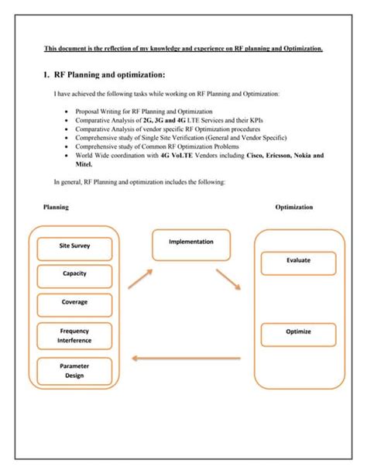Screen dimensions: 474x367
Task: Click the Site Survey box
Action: [x=75, y=249]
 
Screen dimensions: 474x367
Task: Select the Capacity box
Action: [x=75, y=273]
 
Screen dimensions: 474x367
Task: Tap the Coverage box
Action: [x=75, y=302]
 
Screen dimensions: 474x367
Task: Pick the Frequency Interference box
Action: [x=75, y=335]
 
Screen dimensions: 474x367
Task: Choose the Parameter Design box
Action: [x=75, y=371]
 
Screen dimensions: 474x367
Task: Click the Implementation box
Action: [x=191, y=242]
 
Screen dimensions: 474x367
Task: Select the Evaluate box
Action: [x=298, y=260]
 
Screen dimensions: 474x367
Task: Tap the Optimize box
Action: [x=298, y=332]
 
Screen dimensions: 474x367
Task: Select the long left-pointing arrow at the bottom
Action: [x=187, y=358]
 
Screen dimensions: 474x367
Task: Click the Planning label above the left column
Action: [x=56, y=208]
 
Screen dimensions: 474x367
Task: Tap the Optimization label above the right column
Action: [x=294, y=208]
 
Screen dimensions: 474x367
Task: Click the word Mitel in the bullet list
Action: [x=84, y=164]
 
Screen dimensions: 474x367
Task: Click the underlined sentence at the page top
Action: [x=183, y=49]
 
